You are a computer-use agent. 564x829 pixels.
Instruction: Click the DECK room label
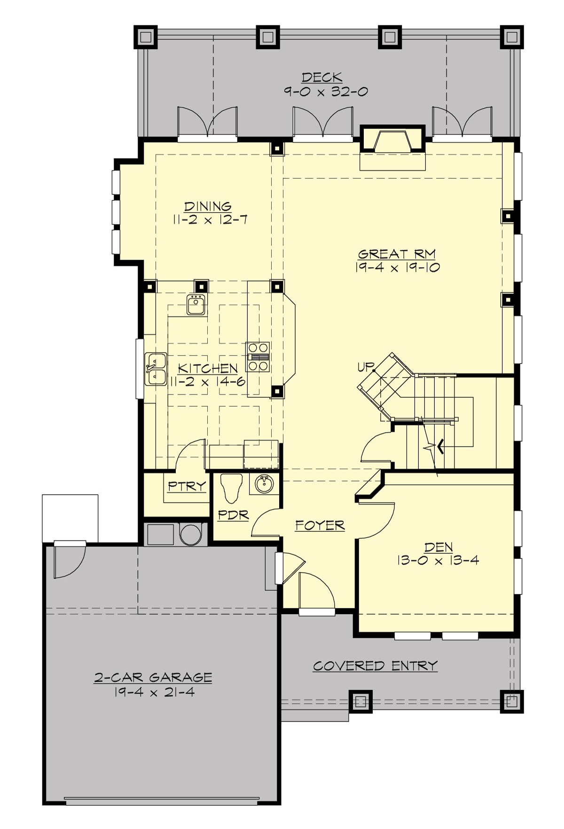(321, 77)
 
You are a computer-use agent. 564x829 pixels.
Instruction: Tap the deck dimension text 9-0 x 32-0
(325, 92)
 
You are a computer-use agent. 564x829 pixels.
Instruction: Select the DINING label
(208, 206)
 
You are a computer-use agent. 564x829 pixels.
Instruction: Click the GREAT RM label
(397, 254)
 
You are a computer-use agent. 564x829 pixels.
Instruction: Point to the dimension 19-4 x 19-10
(397, 268)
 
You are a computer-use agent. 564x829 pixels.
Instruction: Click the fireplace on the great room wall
(392, 140)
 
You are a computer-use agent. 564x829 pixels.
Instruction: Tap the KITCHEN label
(208, 368)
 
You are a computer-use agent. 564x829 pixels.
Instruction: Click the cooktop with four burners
(258, 357)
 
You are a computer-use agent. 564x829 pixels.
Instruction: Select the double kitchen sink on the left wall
(156, 369)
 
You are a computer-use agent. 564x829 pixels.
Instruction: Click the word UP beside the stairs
(366, 366)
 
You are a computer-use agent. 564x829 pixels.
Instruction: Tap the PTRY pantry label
(187, 486)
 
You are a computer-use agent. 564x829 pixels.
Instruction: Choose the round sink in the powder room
(264, 484)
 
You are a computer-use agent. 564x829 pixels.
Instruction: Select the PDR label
(233, 515)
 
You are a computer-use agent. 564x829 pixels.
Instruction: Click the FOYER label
(320, 525)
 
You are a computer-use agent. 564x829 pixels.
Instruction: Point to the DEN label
(439, 547)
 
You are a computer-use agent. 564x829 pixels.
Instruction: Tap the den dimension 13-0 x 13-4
(438, 560)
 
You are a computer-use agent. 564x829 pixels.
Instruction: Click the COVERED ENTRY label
(375, 666)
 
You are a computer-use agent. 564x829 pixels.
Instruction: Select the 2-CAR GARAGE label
(153, 677)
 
